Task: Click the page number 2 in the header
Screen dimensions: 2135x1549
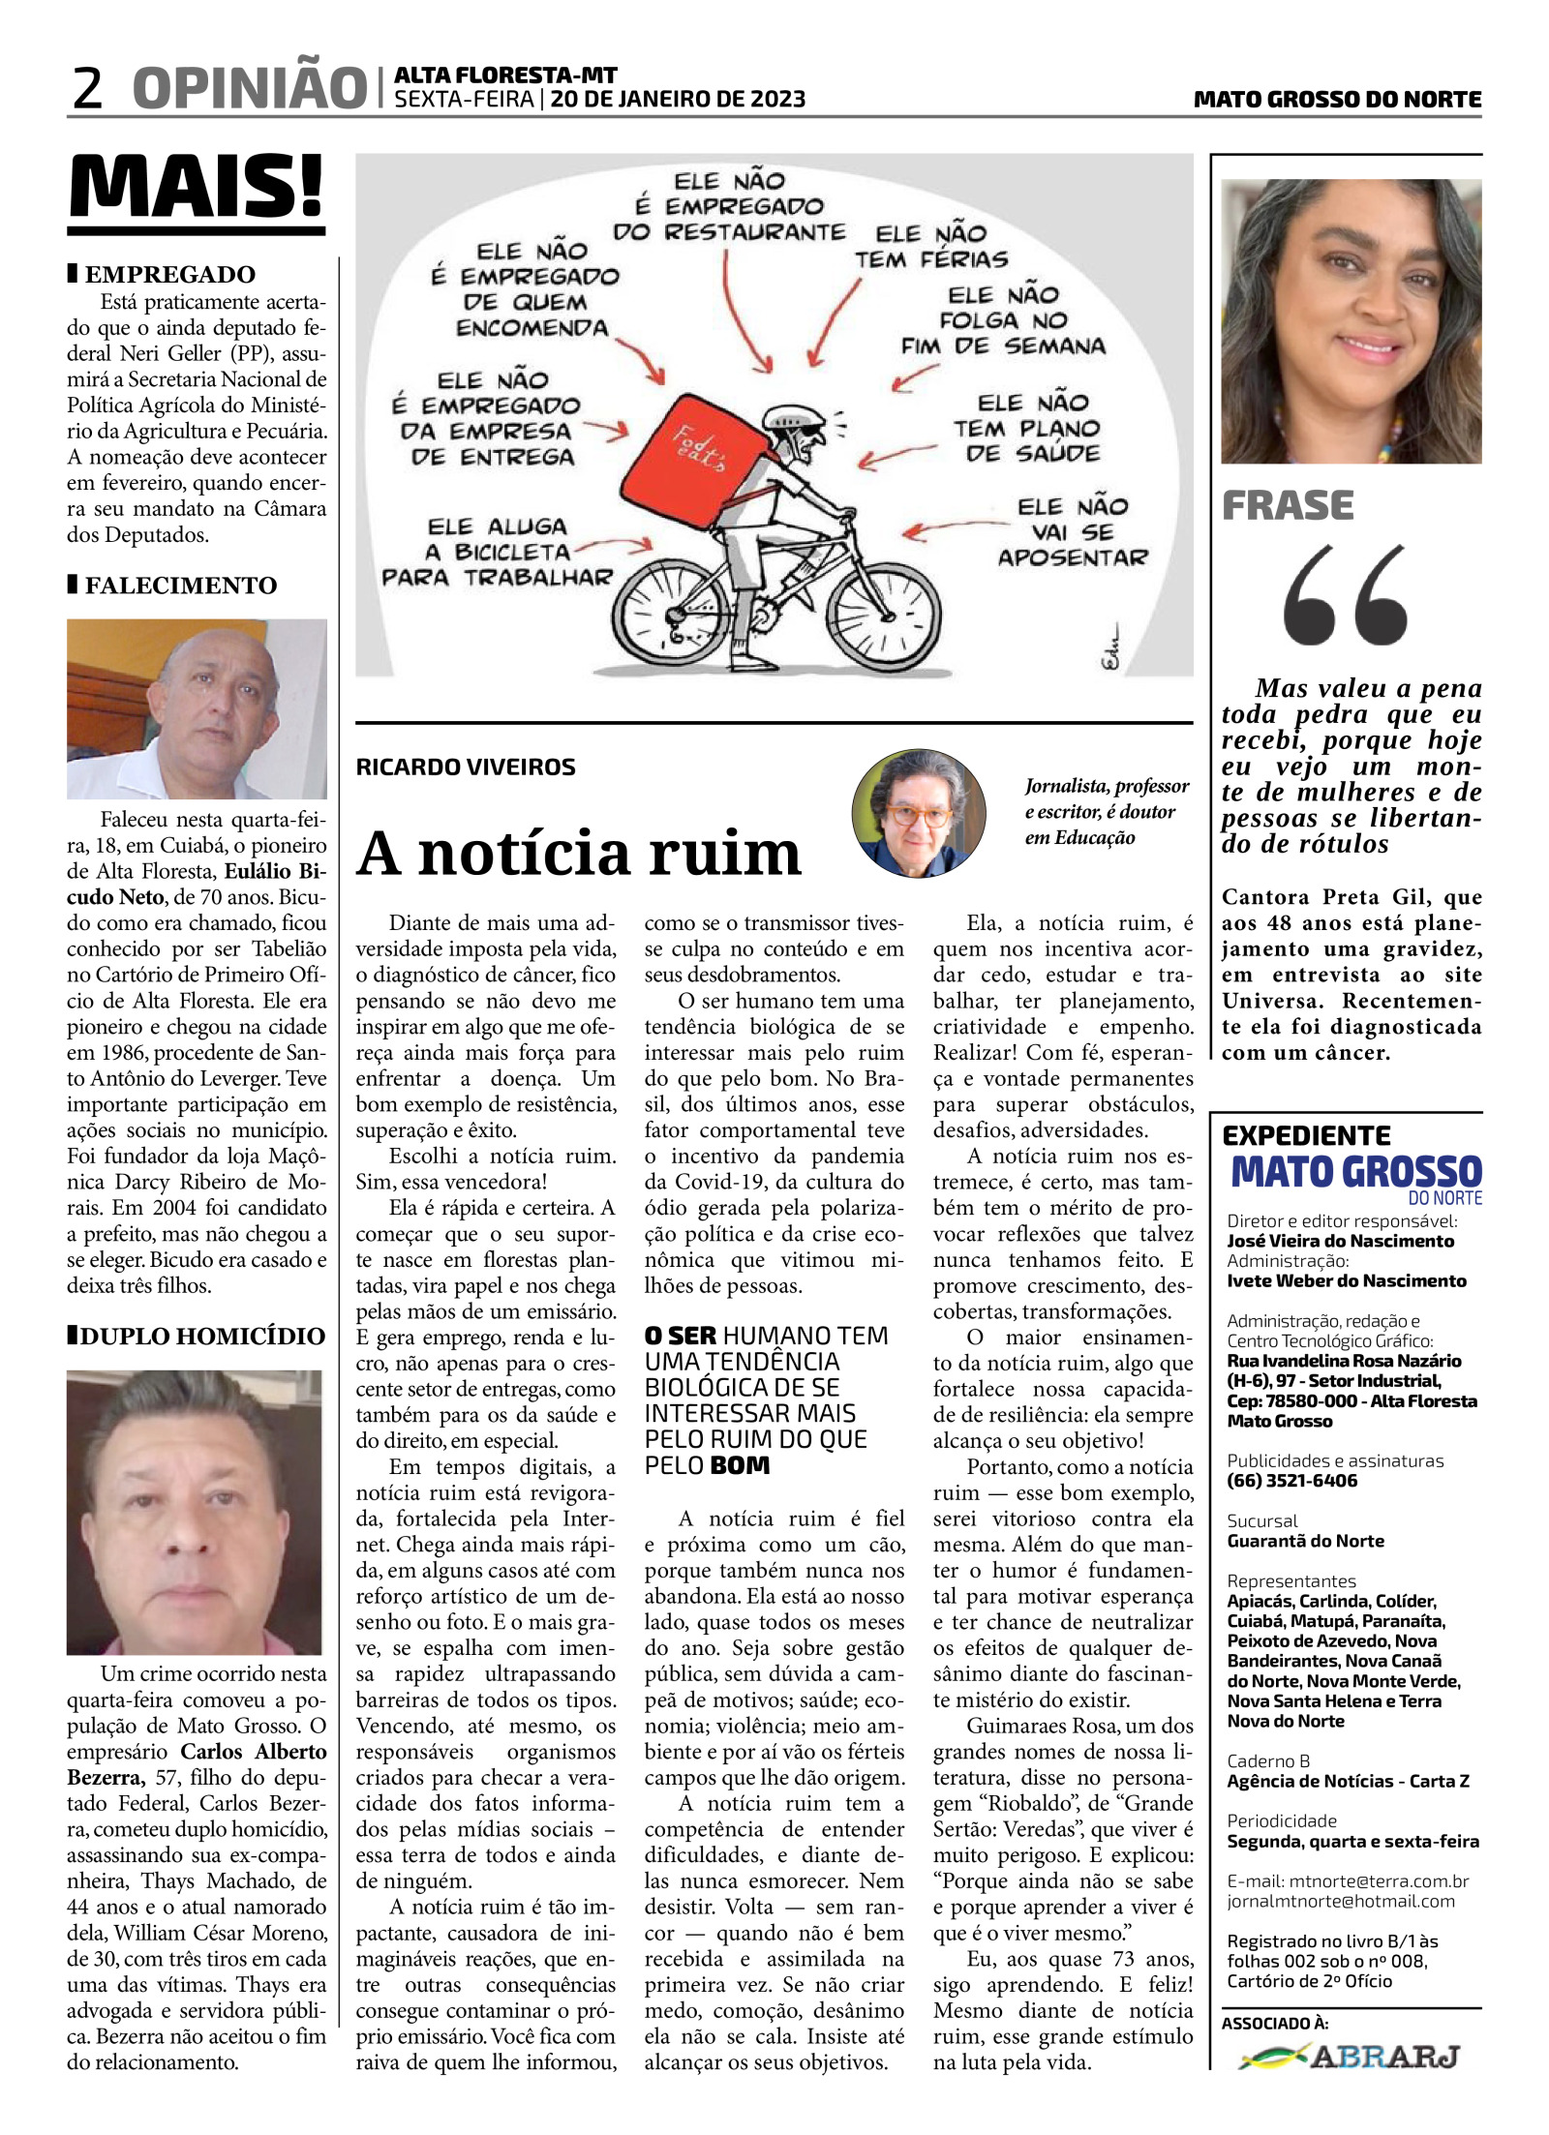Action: (x=87, y=88)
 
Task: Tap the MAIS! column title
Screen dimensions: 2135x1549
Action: (x=197, y=187)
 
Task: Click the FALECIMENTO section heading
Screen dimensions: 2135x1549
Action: (x=180, y=586)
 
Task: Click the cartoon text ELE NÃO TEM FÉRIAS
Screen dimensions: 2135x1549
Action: (x=930, y=247)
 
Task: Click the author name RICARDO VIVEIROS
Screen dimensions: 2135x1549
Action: (x=466, y=767)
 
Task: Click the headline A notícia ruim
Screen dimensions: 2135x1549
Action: (x=579, y=853)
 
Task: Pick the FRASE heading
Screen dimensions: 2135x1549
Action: (x=1288, y=505)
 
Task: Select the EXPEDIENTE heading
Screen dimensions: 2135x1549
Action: (x=1306, y=1135)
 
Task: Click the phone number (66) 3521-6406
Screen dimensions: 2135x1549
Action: (x=1291, y=1481)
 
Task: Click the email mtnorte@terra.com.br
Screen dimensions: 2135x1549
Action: (x=1379, y=1881)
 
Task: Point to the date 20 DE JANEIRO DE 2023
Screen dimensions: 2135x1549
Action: (x=678, y=99)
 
